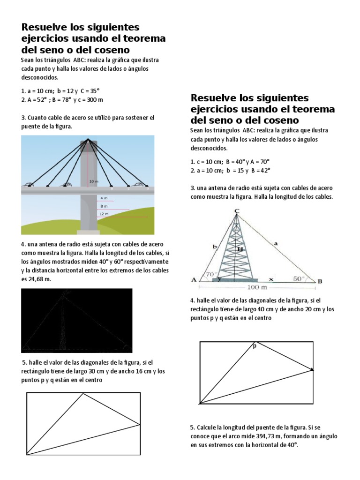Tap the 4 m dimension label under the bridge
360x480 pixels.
[x=104, y=198]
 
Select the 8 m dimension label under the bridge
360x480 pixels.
[x=104, y=206]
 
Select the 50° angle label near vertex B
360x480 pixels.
[x=299, y=277]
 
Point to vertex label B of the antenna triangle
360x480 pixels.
[x=320, y=281]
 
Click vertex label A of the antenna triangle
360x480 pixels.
[x=194, y=280]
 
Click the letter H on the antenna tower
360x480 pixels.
[x=240, y=250]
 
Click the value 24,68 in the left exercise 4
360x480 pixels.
[x=37, y=278]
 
